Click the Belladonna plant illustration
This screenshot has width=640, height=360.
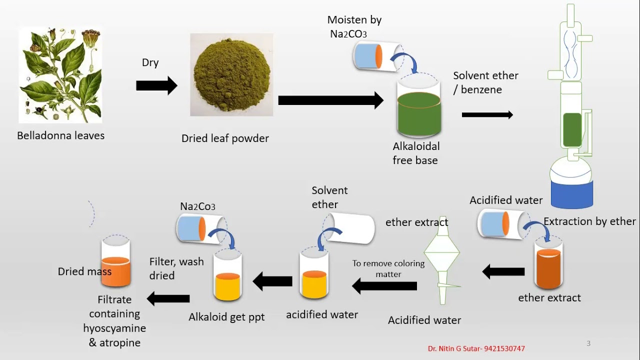(x=60, y=75)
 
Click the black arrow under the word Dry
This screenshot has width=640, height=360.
(x=156, y=86)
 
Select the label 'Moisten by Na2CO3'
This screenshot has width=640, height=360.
(x=354, y=26)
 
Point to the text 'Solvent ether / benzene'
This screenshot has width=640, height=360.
(x=485, y=82)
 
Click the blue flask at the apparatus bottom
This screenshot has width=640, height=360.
(x=571, y=194)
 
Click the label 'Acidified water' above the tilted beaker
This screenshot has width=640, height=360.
(x=505, y=200)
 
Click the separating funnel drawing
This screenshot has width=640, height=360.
(x=442, y=260)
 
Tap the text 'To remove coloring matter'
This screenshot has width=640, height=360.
(x=388, y=268)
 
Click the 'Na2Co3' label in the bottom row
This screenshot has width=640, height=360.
(x=197, y=206)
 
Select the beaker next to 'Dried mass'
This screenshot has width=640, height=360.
(x=115, y=265)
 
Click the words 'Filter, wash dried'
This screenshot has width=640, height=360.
(x=176, y=268)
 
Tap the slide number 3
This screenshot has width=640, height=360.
(x=588, y=343)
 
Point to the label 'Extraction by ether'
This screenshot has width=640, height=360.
(x=589, y=221)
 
